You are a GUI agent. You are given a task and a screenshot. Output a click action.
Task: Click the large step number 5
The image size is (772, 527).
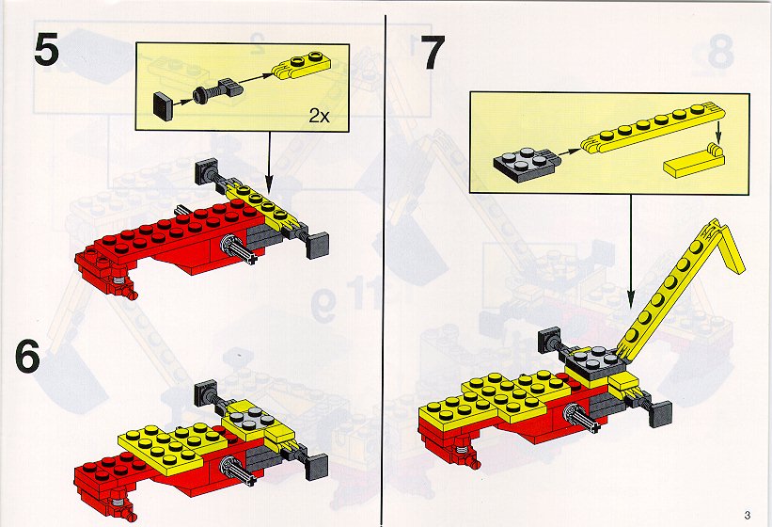(x=47, y=51)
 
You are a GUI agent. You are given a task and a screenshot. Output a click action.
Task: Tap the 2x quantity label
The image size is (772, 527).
(x=319, y=116)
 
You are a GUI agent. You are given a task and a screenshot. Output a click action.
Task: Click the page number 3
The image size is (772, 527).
(x=748, y=515)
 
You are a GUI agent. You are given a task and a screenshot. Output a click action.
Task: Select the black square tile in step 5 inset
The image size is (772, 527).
(x=164, y=105)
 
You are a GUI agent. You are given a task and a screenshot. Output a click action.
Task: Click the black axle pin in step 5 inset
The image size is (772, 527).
(x=218, y=91)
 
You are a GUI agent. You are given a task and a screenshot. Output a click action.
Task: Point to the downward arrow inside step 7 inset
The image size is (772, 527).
(x=718, y=131)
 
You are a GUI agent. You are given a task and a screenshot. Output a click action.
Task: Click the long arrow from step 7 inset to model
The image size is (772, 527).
(x=631, y=251)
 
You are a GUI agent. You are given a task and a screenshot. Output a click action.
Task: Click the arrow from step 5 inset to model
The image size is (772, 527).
(x=269, y=163)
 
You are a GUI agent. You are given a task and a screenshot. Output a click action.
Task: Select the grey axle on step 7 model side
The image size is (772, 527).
(x=582, y=418)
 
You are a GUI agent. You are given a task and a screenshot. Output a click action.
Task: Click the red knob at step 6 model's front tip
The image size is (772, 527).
(x=131, y=514)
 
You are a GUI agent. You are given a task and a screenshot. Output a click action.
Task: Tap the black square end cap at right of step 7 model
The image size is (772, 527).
(x=661, y=414)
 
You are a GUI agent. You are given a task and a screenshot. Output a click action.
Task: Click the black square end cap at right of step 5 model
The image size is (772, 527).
(x=317, y=246)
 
